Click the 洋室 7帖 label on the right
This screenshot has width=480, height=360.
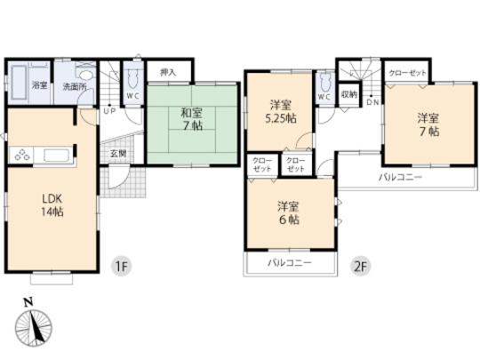pyautogui.click(x=428, y=124)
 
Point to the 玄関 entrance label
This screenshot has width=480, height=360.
pyautogui.click(x=118, y=153)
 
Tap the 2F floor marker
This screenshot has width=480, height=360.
pyautogui.click(x=360, y=264)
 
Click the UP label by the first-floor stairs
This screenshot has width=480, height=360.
pyautogui.click(x=108, y=111)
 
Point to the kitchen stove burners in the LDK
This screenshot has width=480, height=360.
pyautogui.click(x=21, y=156)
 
